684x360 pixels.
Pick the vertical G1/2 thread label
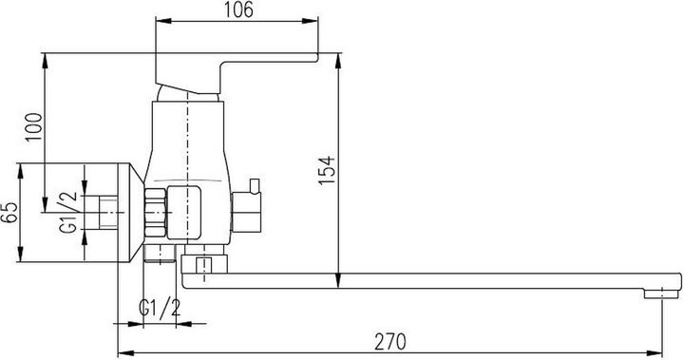pyautogui.click(x=69, y=213)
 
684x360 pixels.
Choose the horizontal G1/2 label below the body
pyautogui.click(x=160, y=310)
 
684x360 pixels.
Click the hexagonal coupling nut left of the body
pyautogui.click(x=155, y=211)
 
